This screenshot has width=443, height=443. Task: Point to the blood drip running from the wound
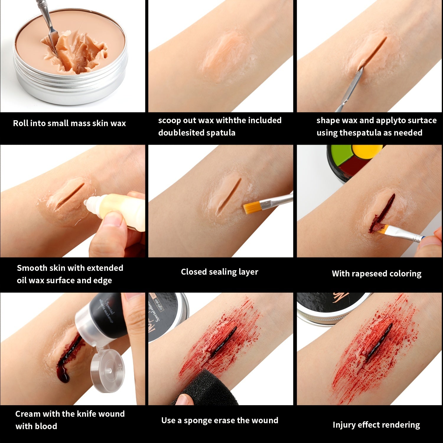pyautogui.click(x=66, y=374)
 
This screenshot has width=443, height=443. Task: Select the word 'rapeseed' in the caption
pyautogui.click(x=369, y=273)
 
